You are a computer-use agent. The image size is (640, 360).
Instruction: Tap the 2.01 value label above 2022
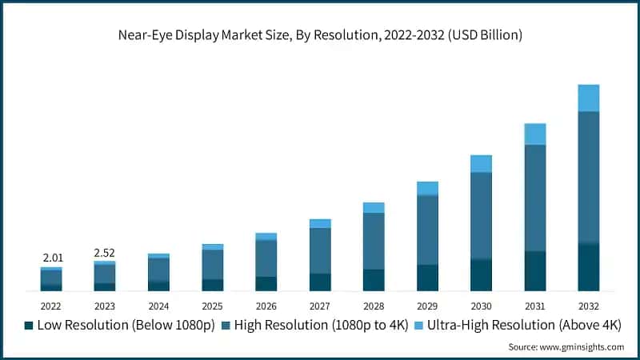(x=51, y=258)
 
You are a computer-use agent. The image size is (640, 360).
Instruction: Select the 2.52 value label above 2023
(x=105, y=253)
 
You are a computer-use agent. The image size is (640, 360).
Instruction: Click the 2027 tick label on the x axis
(x=320, y=306)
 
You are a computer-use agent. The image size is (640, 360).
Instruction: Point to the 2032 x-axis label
(x=589, y=306)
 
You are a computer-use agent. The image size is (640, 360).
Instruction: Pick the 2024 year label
(x=158, y=306)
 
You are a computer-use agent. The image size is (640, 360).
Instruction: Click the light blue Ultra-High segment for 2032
(x=589, y=98)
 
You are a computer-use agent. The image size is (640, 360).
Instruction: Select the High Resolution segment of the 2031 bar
(x=535, y=198)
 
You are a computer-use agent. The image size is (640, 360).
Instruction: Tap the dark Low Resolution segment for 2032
(x=589, y=266)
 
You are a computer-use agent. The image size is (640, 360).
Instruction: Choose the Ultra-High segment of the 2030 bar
(x=481, y=164)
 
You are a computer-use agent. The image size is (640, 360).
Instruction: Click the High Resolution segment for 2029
(x=427, y=230)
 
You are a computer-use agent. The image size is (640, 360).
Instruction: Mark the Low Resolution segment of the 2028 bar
(x=374, y=280)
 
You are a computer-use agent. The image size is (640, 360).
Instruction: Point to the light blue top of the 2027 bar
(x=320, y=223)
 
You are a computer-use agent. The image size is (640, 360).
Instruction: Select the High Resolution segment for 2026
(x=266, y=258)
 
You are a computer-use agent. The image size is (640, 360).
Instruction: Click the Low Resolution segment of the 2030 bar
(x=481, y=274)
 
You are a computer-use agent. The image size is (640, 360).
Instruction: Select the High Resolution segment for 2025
(x=212, y=264)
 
